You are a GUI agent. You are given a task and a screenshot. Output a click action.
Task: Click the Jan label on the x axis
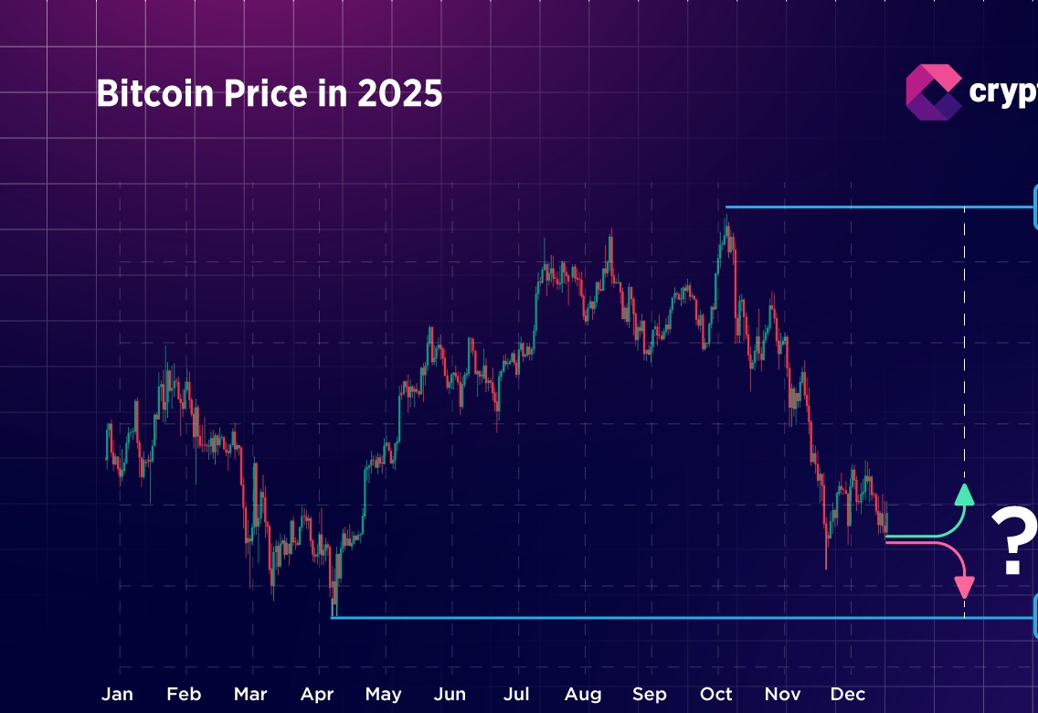117,694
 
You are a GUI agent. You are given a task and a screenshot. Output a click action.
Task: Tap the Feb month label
184,694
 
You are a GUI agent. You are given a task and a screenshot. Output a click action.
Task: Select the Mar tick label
250,694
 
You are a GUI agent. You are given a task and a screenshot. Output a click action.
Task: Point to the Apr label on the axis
317,694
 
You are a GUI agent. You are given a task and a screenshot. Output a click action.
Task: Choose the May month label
383,694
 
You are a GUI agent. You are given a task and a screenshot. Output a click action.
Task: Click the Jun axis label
450,694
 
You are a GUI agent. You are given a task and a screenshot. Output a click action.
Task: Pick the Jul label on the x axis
517,694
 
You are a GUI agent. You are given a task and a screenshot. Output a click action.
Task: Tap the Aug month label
583,694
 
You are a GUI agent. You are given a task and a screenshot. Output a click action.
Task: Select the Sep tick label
650,694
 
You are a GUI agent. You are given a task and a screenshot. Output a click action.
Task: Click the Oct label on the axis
716,694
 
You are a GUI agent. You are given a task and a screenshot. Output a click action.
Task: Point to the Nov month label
782,694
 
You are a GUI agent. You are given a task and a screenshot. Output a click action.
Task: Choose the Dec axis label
848,694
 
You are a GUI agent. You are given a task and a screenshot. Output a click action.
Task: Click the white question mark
1013,542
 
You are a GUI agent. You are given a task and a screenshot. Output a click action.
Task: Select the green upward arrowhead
964,495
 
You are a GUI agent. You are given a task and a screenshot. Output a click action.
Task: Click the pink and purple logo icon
933,91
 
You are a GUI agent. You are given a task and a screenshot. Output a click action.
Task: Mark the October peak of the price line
726,219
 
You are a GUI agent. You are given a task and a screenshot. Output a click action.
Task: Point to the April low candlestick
334,608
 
